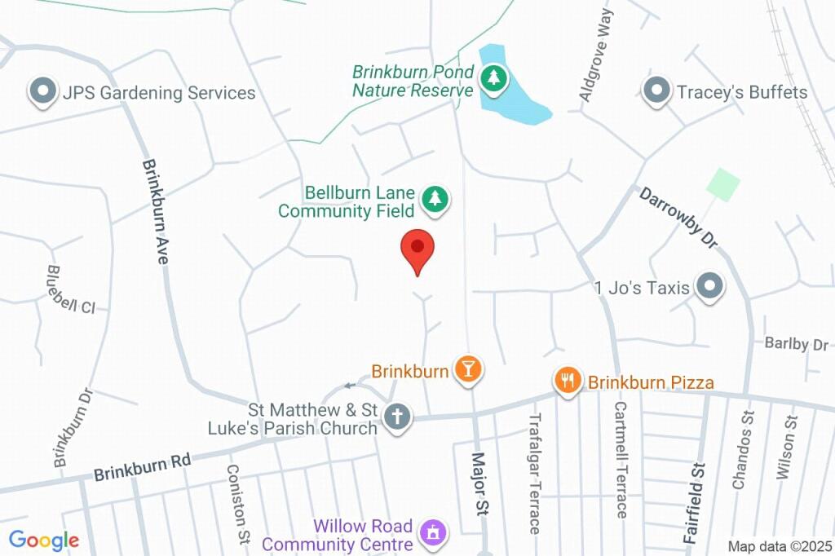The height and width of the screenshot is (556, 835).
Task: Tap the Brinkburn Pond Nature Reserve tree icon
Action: tap(493, 80)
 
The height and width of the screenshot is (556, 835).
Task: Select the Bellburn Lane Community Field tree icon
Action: tap(435, 199)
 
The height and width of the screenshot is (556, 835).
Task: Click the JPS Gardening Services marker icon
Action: tap(41, 91)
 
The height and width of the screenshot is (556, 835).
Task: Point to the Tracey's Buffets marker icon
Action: tap(656, 91)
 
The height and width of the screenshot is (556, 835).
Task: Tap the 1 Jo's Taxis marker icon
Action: tap(711, 287)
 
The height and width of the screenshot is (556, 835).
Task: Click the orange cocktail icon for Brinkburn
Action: tap(468, 369)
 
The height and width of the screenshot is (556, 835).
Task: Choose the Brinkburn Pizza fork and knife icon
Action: tap(568, 380)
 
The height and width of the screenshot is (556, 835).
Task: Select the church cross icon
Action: tap(398, 417)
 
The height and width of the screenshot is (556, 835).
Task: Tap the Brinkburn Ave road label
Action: tap(155, 210)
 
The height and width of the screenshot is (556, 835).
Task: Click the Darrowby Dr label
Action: tap(678, 218)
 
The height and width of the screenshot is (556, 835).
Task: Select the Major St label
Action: tap(480, 484)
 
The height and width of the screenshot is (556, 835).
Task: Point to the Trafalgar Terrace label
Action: tap(535, 473)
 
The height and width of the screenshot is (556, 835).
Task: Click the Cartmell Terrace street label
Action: tap(621, 459)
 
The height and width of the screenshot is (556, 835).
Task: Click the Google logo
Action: tap(43, 540)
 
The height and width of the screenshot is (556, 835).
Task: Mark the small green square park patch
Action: tap(722, 184)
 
